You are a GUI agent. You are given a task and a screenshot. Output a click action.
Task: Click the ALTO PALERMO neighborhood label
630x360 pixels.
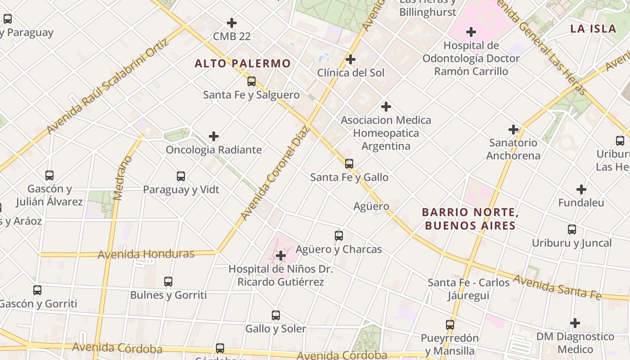(x=243, y=63)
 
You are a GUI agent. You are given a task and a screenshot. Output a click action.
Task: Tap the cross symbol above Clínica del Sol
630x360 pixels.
(x=351, y=59)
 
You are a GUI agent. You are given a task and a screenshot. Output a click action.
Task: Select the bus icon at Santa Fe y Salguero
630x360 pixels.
(x=252, y=81)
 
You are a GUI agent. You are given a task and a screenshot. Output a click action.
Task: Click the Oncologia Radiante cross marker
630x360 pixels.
(x=214, y=136)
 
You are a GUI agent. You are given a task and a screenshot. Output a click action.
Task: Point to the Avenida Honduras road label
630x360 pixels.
(x=146, y=254)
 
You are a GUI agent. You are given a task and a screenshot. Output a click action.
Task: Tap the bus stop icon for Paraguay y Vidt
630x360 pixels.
(x=181, y=176)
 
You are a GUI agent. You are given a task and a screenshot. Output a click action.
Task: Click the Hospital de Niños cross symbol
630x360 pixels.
(x=281, y=256)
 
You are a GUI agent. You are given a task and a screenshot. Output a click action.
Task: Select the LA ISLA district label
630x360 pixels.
(x=593, y=29)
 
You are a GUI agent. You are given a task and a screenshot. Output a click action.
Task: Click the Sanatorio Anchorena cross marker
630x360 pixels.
(x=513, y=130)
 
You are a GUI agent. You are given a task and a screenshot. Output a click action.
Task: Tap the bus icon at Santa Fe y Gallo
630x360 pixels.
(x=349, y=164)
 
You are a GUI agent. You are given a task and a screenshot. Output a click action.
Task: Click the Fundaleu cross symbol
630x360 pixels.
(x=581, y=189)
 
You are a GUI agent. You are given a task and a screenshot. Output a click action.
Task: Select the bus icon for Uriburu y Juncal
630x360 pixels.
(x=572, y=229)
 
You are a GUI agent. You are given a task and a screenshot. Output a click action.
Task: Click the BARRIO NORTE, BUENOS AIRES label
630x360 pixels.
(x=470, y=219)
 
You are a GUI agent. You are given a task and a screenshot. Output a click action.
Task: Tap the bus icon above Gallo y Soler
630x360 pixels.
(x=276, y=315)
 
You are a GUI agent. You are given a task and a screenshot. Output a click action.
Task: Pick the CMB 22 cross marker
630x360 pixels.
(x=232, y=22)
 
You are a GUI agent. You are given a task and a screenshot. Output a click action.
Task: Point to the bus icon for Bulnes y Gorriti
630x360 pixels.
(x=168, y=282)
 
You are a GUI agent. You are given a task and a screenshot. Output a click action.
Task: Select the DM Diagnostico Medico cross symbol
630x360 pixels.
(x=575, y=323)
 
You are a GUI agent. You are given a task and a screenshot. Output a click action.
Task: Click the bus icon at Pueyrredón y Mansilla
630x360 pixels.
(x=450, y=324)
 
